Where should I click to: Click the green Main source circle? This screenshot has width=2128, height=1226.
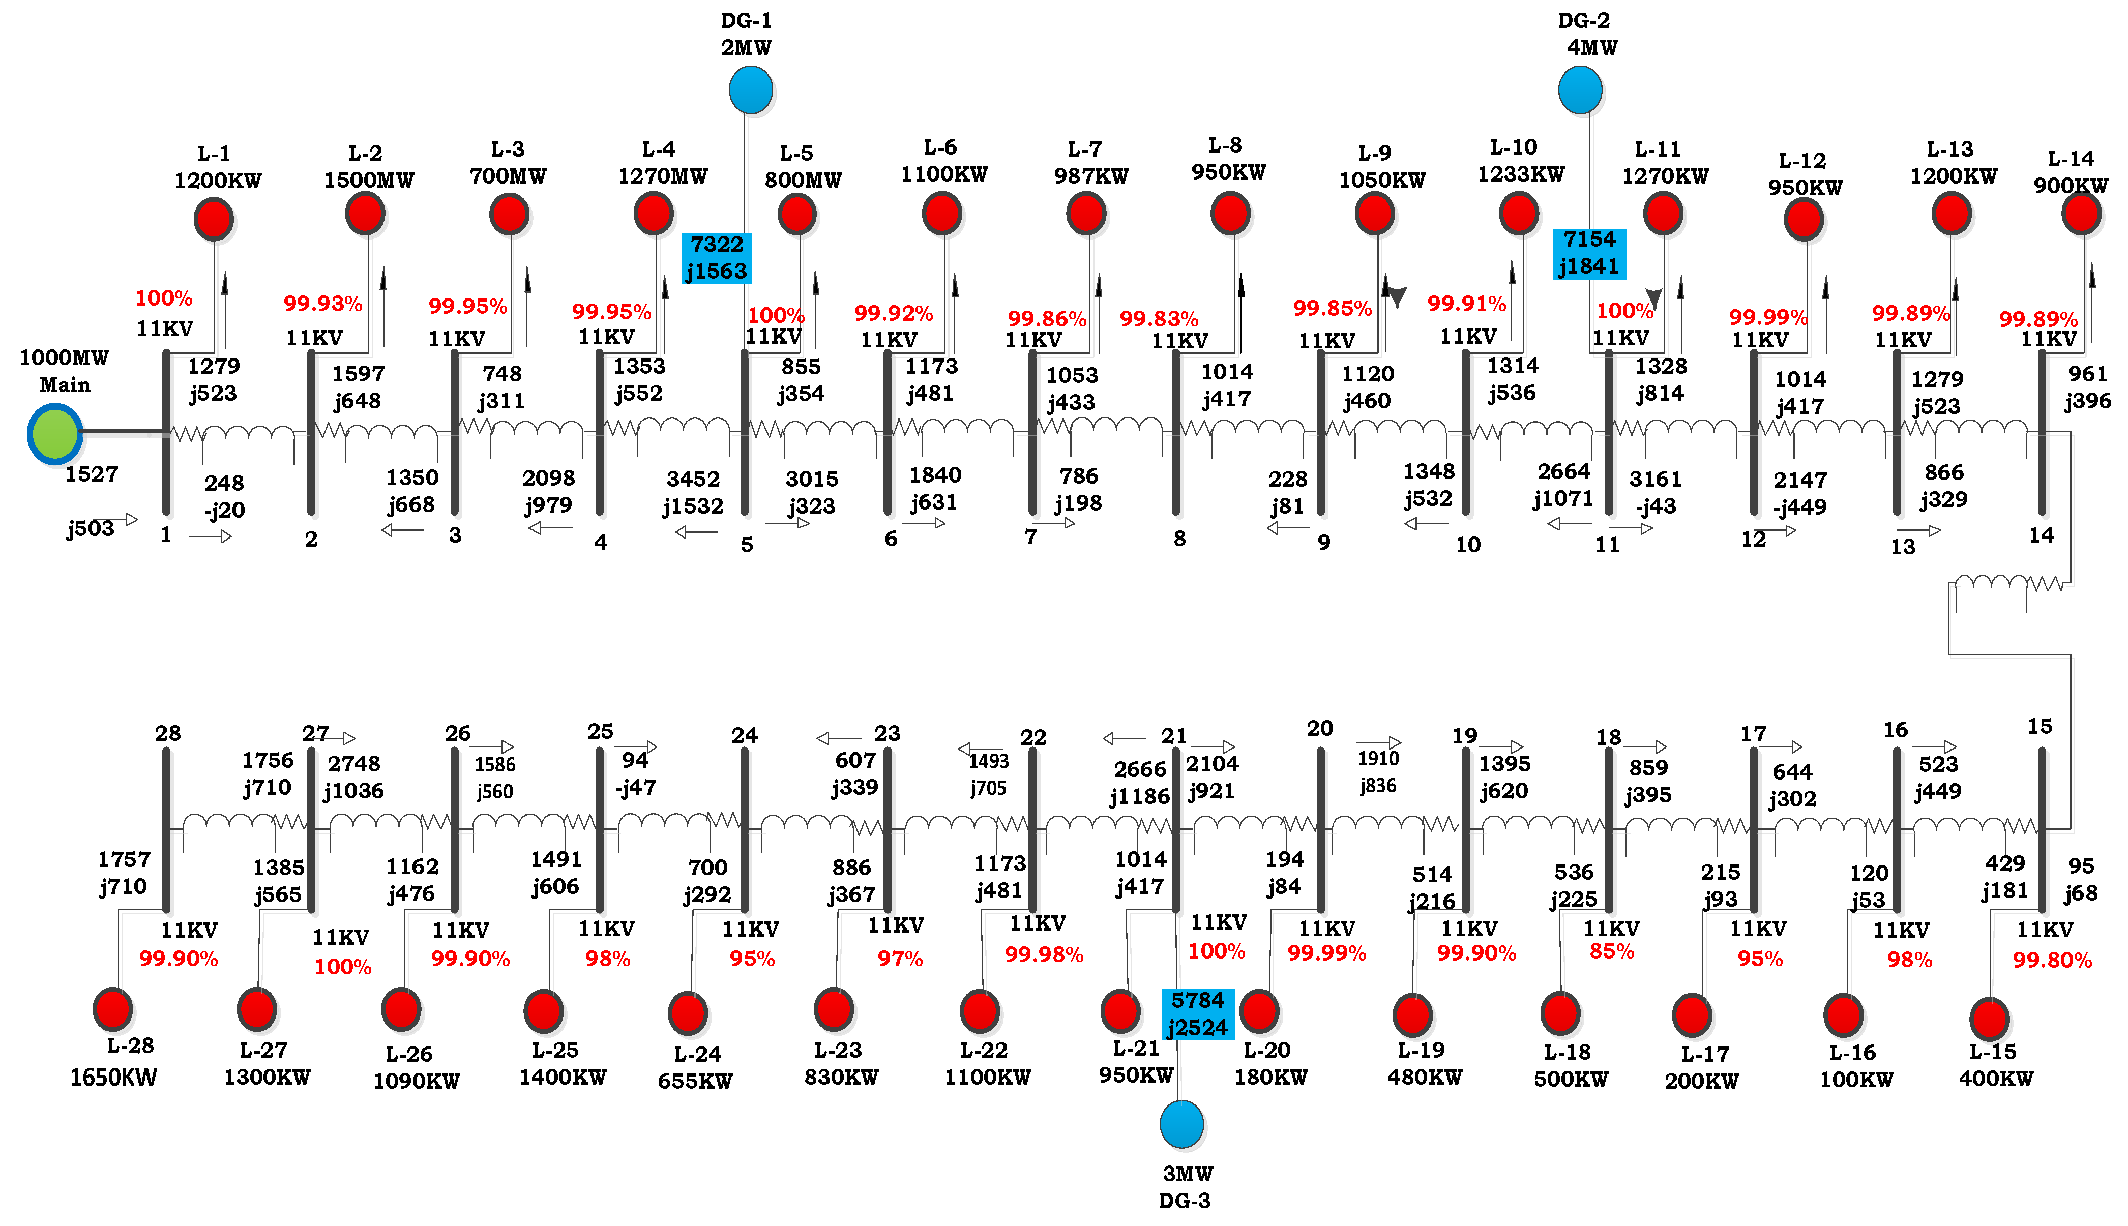(55, 434)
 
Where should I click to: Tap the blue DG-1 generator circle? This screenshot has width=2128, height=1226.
(750, 89)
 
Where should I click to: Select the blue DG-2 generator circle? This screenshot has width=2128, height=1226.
(1580, 89)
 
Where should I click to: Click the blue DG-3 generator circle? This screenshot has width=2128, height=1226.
(1181, 1124)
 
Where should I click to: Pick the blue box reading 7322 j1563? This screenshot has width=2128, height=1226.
(716, 258)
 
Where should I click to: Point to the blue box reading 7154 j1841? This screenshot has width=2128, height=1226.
(1588, 253)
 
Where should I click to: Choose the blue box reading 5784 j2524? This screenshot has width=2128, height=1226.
(1197, 1014)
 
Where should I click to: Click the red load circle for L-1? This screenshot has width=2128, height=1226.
(214, 219)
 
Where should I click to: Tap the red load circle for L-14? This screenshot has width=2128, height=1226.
(2081, 214)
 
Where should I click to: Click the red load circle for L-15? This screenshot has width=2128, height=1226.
(1989, 1019)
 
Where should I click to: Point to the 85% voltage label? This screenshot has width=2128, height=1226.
(1611, 951)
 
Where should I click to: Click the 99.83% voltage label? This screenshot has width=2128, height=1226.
(1158, 319)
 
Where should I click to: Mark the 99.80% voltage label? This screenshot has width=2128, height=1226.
(2051, 960)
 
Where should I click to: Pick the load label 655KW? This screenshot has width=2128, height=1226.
(695, 1081)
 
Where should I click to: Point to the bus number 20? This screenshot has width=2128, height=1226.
(1320, 728)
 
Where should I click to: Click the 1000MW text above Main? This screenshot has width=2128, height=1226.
(64, 358)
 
